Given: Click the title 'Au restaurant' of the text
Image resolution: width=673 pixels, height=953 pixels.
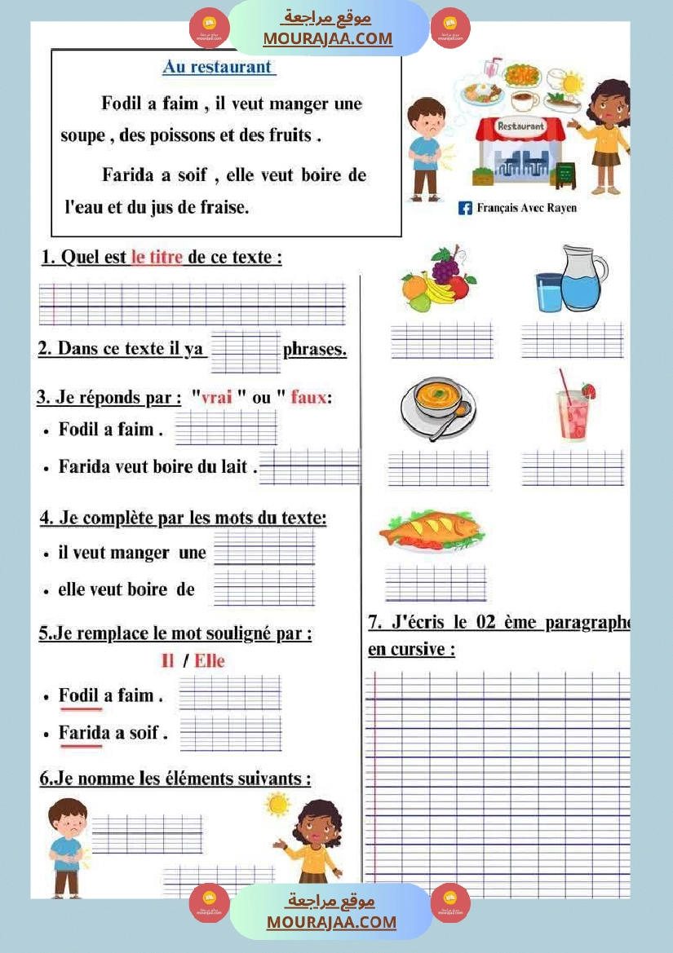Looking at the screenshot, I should click(x=218, y=68).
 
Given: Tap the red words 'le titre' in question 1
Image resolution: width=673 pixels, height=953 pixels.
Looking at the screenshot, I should click(x=157, y=258).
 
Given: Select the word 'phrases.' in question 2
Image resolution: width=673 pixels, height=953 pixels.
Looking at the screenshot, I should click(x=315, y=351).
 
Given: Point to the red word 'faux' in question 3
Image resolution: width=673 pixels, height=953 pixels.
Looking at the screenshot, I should click(x=308, y=398).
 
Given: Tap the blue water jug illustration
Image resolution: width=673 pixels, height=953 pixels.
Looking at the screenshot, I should click(x=572, y=280).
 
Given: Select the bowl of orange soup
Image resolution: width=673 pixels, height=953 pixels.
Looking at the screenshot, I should click(x=438, y=406).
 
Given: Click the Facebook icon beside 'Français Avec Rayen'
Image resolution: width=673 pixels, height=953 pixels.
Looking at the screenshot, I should click(x=465, y=208).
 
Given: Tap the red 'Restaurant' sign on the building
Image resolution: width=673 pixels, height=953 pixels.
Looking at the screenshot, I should click(x=520, y=126).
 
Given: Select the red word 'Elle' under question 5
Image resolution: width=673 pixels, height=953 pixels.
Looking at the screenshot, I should click(x=210, y=661).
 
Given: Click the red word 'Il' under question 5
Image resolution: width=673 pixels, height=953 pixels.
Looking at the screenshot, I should click(x=168, y=661).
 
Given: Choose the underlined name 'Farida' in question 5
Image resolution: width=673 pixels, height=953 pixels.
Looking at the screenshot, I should click(x=81, y=733).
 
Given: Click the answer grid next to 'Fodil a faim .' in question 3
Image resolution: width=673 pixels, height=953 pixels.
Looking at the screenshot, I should click(x=226, y=428).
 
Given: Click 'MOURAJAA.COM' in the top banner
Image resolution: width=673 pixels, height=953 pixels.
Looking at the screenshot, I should click(x=327, y=39).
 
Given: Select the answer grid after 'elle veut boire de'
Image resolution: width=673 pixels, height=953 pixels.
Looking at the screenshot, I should click(x=263, y=589).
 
